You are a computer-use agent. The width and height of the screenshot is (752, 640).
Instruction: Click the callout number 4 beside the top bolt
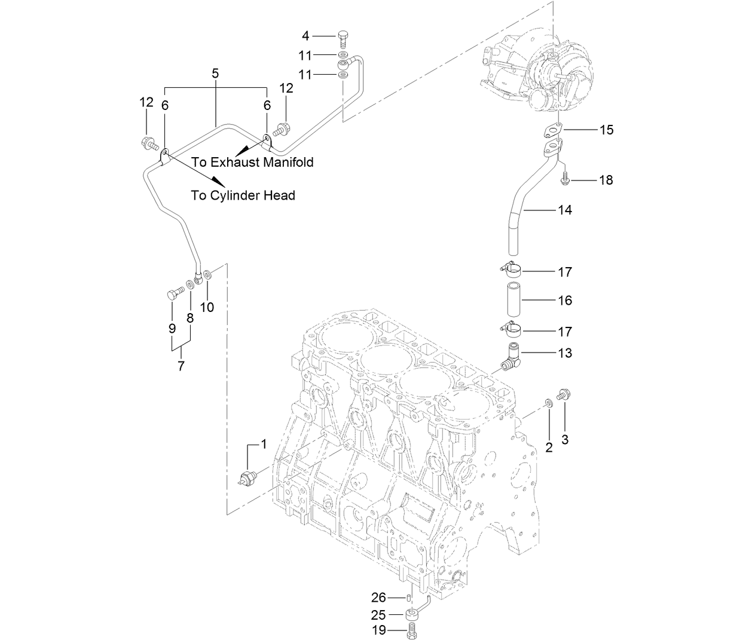[x=305, y=35]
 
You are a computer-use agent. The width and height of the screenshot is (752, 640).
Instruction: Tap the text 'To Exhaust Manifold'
[x=252, y=162]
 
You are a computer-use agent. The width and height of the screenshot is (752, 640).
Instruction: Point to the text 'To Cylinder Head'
[x=243, y=195]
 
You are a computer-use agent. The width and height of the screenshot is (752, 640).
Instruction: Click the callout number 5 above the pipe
[x=215, y=74]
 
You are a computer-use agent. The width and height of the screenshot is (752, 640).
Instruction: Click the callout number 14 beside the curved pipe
[x=565, y=210]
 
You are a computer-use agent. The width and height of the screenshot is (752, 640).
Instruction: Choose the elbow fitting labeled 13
[x=512, y=357]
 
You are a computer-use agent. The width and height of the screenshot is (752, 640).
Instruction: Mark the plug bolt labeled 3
[x=563, y=394]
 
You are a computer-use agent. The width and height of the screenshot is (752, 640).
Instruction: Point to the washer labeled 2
[x=548, y=403]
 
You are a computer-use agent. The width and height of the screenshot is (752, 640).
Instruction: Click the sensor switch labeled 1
[x=247, y=477]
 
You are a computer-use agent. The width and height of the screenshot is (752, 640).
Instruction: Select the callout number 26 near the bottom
[x=379, y=597]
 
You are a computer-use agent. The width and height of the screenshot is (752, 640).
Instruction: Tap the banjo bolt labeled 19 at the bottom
[x=411, y=630]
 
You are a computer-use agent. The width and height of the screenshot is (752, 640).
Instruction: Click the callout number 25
[x=379, y=614]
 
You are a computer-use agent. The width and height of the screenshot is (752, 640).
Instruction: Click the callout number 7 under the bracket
[x=181, y=365]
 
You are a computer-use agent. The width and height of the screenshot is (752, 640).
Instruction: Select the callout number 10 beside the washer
[x=207, y=307]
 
